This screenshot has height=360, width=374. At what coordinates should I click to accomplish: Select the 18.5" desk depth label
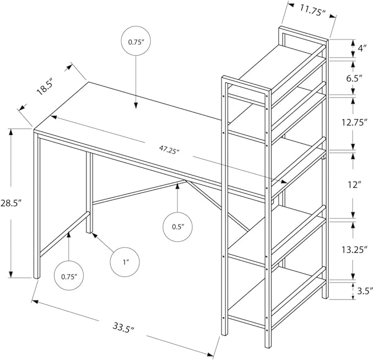point(45,87)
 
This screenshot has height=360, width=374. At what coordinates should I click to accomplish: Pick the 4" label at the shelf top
point(362,48)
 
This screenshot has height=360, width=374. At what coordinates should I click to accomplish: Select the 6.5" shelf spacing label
point(355,78)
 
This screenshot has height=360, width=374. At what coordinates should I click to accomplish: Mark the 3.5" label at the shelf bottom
point(361,290)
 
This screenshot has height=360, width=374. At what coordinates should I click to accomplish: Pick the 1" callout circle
point(126,263)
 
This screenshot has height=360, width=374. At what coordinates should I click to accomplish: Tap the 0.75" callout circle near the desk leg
point(69,275)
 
